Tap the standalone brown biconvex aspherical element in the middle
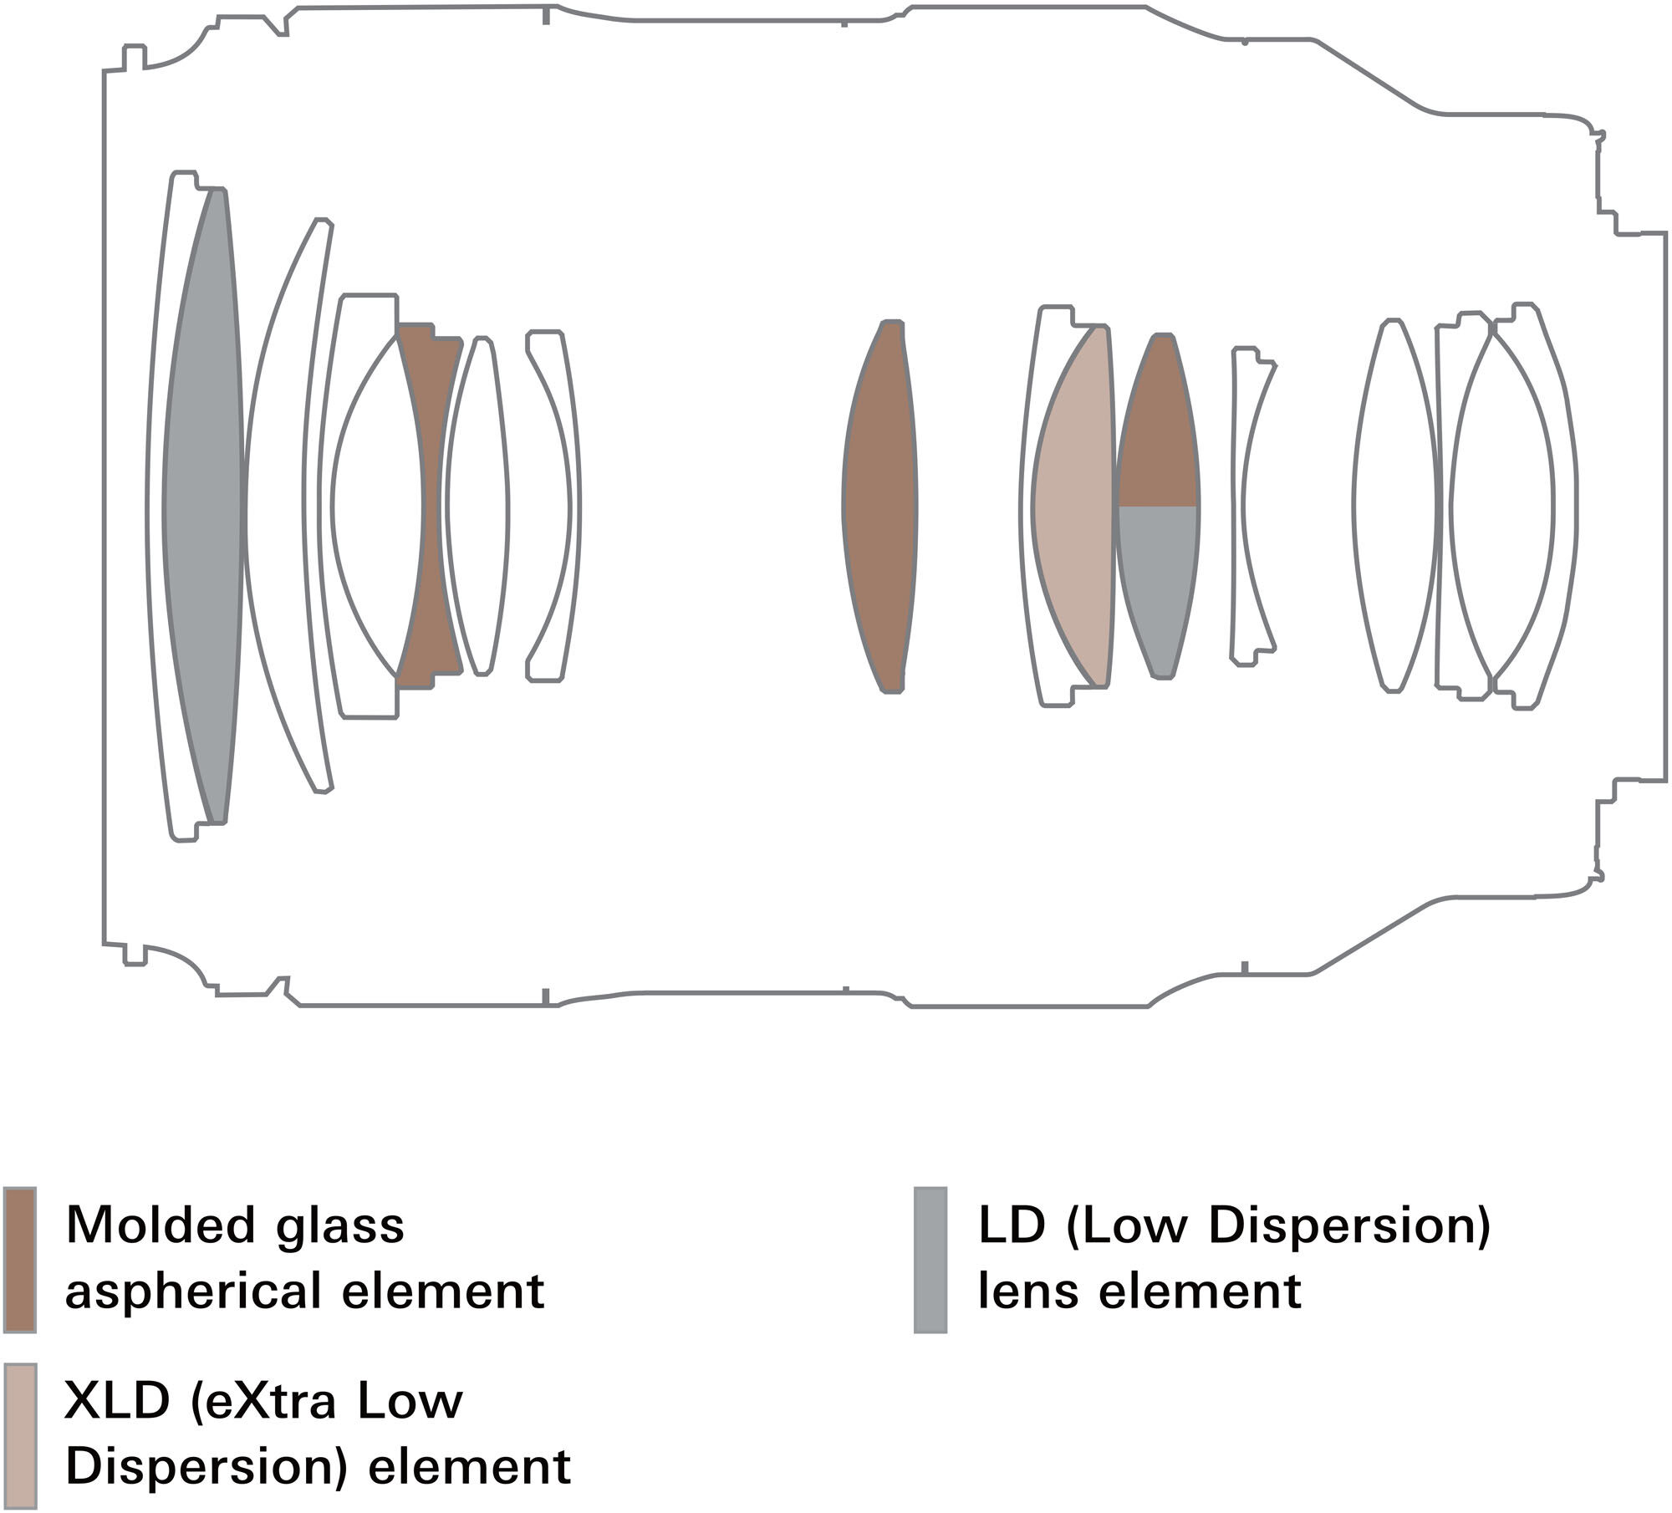(879, 506)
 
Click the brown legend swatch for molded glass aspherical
(19, 1259)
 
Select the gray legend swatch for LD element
(930, 1259)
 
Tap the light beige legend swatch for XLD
(19, 1436)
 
